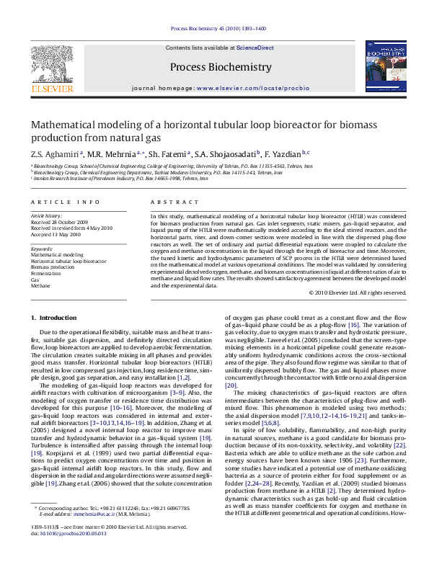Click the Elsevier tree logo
tap(51, 63)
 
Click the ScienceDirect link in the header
tap(256, 48)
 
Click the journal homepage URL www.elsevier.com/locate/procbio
tap(252, 88)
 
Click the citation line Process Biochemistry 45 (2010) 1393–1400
tap(218, 29)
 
